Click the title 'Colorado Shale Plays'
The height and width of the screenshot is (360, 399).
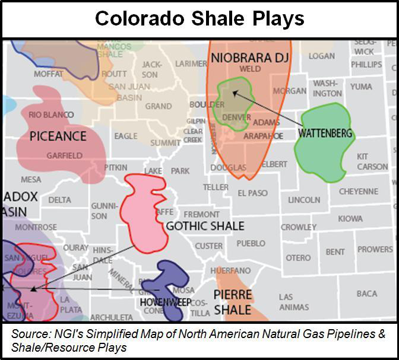point(199,19)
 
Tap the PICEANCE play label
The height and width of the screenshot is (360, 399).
point(58,136)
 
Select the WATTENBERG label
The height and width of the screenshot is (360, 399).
point(325,133)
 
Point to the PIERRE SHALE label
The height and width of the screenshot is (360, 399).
point(233,302)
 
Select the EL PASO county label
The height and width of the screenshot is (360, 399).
point(252,193)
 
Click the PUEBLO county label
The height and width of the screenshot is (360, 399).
point(251,244)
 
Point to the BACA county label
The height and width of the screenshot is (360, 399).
point(367,294)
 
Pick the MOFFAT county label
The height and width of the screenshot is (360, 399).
point(48,74)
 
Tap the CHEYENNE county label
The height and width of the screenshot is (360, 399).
point(358,192)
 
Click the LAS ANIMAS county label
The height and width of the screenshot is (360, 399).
point(294,302)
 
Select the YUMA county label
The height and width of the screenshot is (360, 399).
point(361,87)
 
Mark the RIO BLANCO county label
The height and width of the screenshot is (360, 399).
point(51,114)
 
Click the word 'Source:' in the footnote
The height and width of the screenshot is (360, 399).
point(28,334)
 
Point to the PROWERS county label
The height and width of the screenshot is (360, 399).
point(375,249)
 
